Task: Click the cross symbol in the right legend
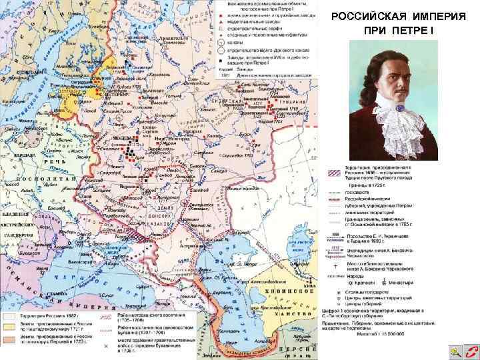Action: tap(332, 273)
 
